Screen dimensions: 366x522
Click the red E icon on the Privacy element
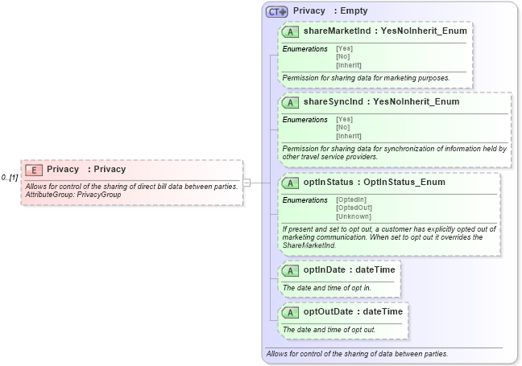point(34,170)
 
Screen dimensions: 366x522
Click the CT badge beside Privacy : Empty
point(276,12)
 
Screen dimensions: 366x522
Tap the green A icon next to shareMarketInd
point(291,32)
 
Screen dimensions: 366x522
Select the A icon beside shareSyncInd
point(291,102)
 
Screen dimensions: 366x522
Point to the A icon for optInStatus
point(291,183)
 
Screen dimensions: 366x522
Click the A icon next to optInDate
point(291,269)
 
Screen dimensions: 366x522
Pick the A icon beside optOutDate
point(291,312)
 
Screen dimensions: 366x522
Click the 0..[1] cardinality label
point(10,177)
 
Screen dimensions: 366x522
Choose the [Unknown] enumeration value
point(353,216)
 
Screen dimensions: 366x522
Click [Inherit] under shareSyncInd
point(348,136)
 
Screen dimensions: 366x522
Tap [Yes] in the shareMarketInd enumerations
point(344,48)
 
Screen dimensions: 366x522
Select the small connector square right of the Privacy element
point(246,183)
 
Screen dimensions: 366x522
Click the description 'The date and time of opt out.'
point(329,330)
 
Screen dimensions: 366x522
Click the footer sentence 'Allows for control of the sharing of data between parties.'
point(357,354)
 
